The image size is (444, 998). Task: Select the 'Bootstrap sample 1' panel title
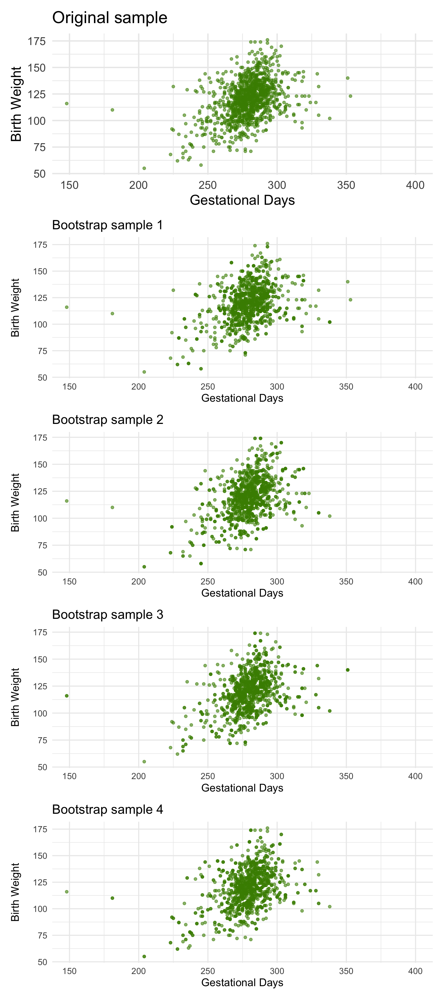108,225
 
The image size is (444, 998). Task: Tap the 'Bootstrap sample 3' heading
108,615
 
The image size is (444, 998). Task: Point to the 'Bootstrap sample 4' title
108,809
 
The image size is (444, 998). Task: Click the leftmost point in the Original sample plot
67,103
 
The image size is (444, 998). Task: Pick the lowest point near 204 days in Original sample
144,168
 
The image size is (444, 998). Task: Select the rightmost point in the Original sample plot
351,96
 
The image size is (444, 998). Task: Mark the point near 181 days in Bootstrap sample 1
112,313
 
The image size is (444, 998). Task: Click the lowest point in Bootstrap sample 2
144,567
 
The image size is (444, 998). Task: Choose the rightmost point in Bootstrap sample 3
348,670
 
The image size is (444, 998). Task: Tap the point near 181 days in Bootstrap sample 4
112,898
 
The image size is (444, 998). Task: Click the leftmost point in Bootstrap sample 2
67,501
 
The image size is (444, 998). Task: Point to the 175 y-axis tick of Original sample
37,41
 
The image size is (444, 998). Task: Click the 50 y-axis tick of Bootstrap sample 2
42,573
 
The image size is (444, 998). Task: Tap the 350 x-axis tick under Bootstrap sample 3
346,776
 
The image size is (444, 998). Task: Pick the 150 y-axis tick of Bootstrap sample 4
40,856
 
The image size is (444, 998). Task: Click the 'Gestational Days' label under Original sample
242,200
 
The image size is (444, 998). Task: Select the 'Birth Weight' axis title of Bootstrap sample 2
15,502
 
